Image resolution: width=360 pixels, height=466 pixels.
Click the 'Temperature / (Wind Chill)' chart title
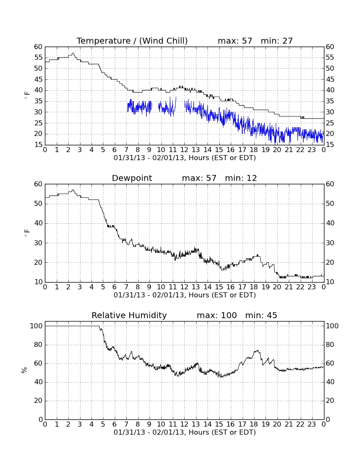click(132, 41)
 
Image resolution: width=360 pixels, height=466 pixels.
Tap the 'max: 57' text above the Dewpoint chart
click(199, 178)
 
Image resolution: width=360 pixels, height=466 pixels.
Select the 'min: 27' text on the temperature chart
click(277, 41)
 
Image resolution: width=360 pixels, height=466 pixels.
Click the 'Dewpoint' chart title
click(132, 178)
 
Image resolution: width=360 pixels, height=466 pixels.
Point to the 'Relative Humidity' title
click(129, 315)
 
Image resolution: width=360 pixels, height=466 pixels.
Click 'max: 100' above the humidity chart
click(217, 315)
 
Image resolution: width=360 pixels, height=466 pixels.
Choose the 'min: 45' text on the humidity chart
click(261, 315)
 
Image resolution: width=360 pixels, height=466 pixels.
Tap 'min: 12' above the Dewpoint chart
click(241, 178)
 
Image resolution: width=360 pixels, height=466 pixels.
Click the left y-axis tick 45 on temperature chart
click(39, 79)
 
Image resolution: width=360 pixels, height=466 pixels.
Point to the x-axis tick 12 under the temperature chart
click(184, 150)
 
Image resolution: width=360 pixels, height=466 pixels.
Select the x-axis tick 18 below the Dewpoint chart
click(254, 287)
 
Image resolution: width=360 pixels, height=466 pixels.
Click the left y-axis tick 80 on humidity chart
click(39, 345)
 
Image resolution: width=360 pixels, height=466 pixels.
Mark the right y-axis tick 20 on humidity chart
click(330, 401)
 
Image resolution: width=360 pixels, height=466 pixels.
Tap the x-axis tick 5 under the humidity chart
click(103, 424)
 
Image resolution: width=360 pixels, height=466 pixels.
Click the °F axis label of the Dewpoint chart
click(27, 233)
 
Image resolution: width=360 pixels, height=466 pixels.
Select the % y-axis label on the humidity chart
click(25, 370)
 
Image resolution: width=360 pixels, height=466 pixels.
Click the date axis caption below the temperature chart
click(185, 158)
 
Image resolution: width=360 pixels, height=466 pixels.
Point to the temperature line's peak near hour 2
click(73, 53)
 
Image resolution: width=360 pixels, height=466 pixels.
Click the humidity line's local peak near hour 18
click(257, 351)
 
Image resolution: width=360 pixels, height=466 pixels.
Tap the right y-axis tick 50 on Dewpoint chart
click(330, 204)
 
